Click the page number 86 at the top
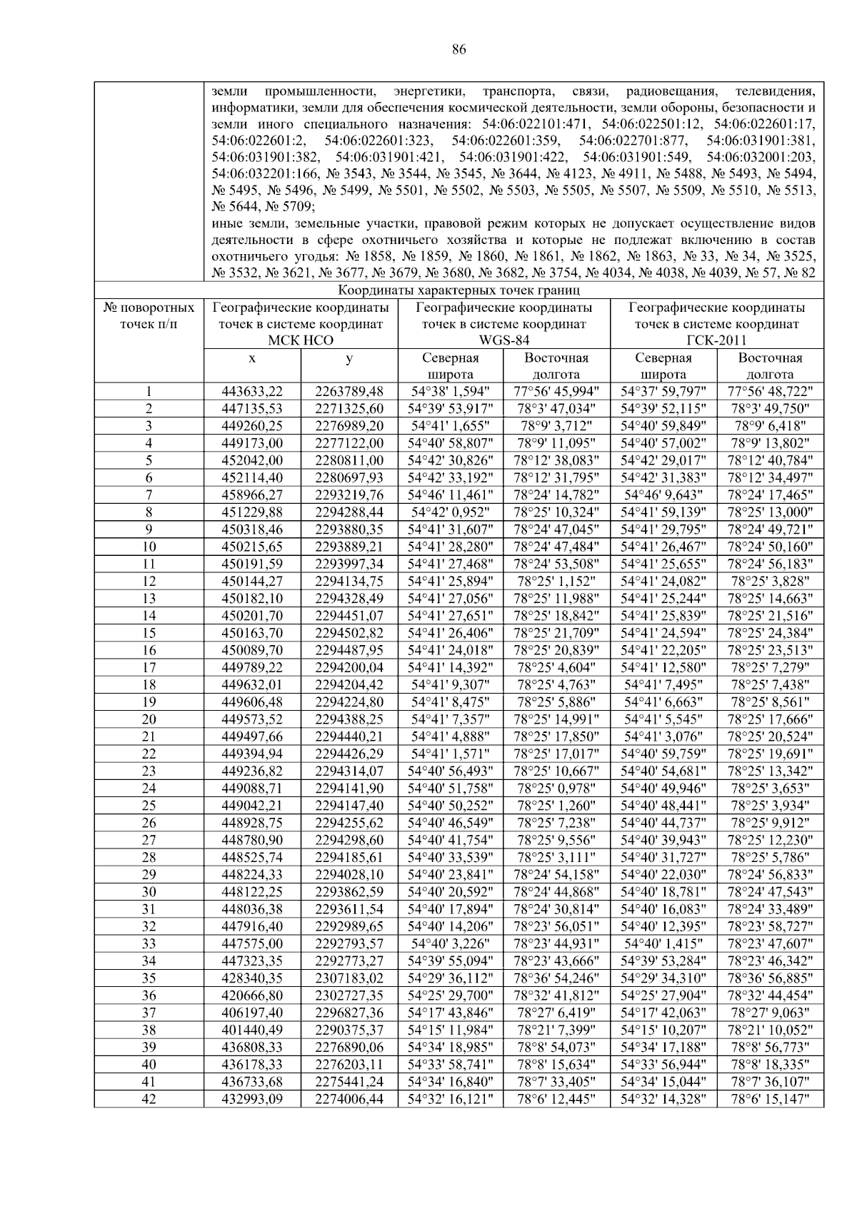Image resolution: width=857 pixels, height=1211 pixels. [458, 49]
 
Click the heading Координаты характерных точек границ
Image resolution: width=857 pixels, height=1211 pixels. [458, 290]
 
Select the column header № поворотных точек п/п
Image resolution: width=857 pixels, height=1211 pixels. [149, 316]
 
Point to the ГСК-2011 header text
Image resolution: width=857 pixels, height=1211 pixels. [716, 340]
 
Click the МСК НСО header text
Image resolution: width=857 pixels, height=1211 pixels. [301, 340]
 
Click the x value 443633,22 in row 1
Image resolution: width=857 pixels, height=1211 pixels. [252, 391]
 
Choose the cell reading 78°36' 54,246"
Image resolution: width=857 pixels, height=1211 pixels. [557, 978]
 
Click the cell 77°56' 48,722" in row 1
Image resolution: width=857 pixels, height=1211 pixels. [770, 391]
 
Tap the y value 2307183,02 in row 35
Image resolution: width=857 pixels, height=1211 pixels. [349, 978]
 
